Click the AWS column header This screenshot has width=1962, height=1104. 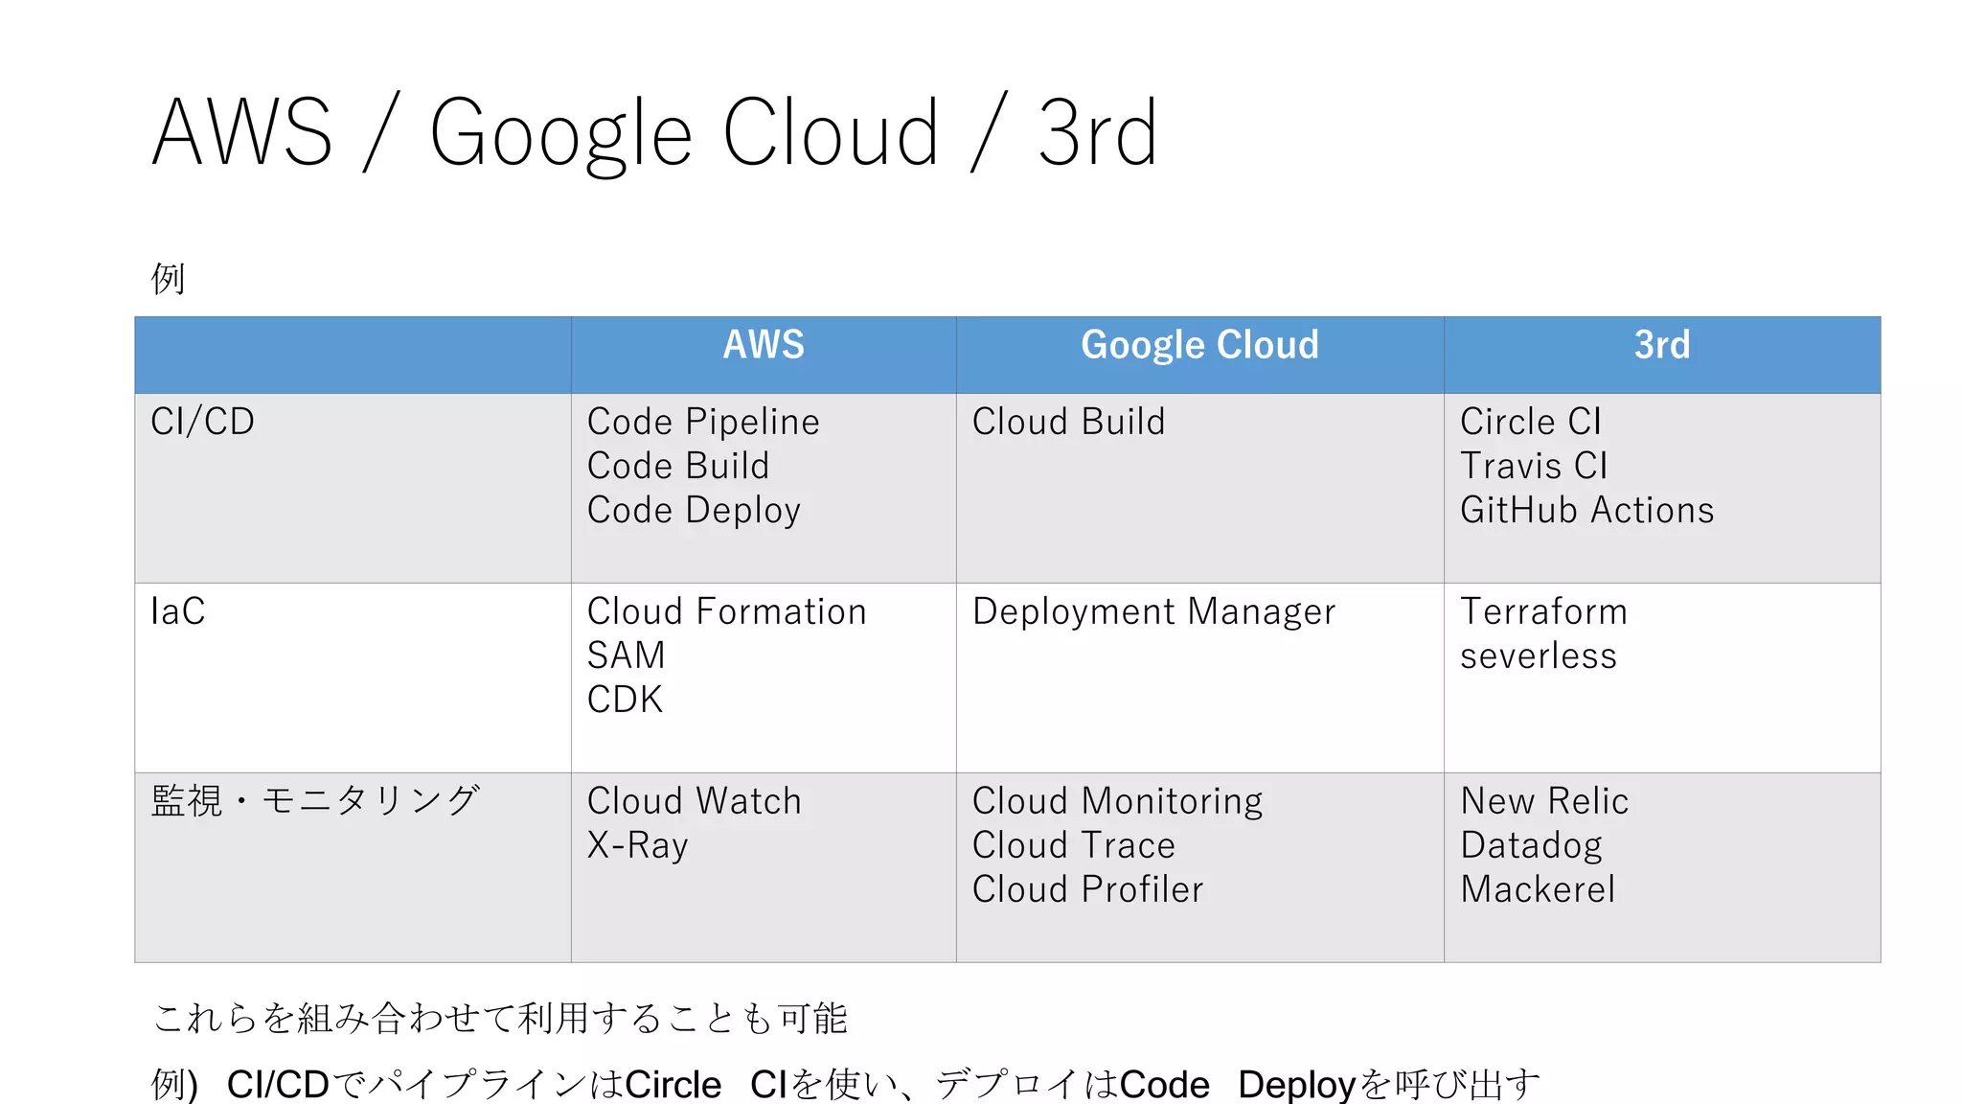click(x=764, y=345)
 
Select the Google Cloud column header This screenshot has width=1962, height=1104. click(x=1199, y=345)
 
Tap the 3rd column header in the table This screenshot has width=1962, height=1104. click(x=1662, y=345)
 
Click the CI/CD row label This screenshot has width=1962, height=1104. click(x=203, y=422)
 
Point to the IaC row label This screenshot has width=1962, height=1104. click(x=178, y=611)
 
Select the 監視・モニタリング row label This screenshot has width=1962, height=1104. click(x=315, y=801)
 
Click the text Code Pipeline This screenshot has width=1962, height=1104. click(x=703, y=422)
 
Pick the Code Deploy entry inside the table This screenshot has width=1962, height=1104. click(x=694, y=511)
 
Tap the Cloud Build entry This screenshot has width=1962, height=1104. click(x=1069, y=422)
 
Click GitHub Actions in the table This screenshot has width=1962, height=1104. click(x=1587, y=510)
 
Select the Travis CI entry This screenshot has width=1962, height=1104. click(x=1534, y=466)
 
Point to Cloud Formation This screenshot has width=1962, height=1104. click(x=727, y=611)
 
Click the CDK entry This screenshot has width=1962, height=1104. click(x=625, y=700)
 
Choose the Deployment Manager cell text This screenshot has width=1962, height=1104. click(x=1153, y=611)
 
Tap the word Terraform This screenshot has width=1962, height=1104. click(x=1543, y=611)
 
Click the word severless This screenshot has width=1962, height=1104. click(x=1539, y=655)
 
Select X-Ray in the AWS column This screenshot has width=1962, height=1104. click(x=638, y=845)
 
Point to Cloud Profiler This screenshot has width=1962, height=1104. click(x=1088, y=889)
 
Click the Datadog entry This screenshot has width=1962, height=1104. click(x=1531, y=845)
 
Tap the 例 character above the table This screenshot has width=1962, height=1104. click(x=168, y=279)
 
